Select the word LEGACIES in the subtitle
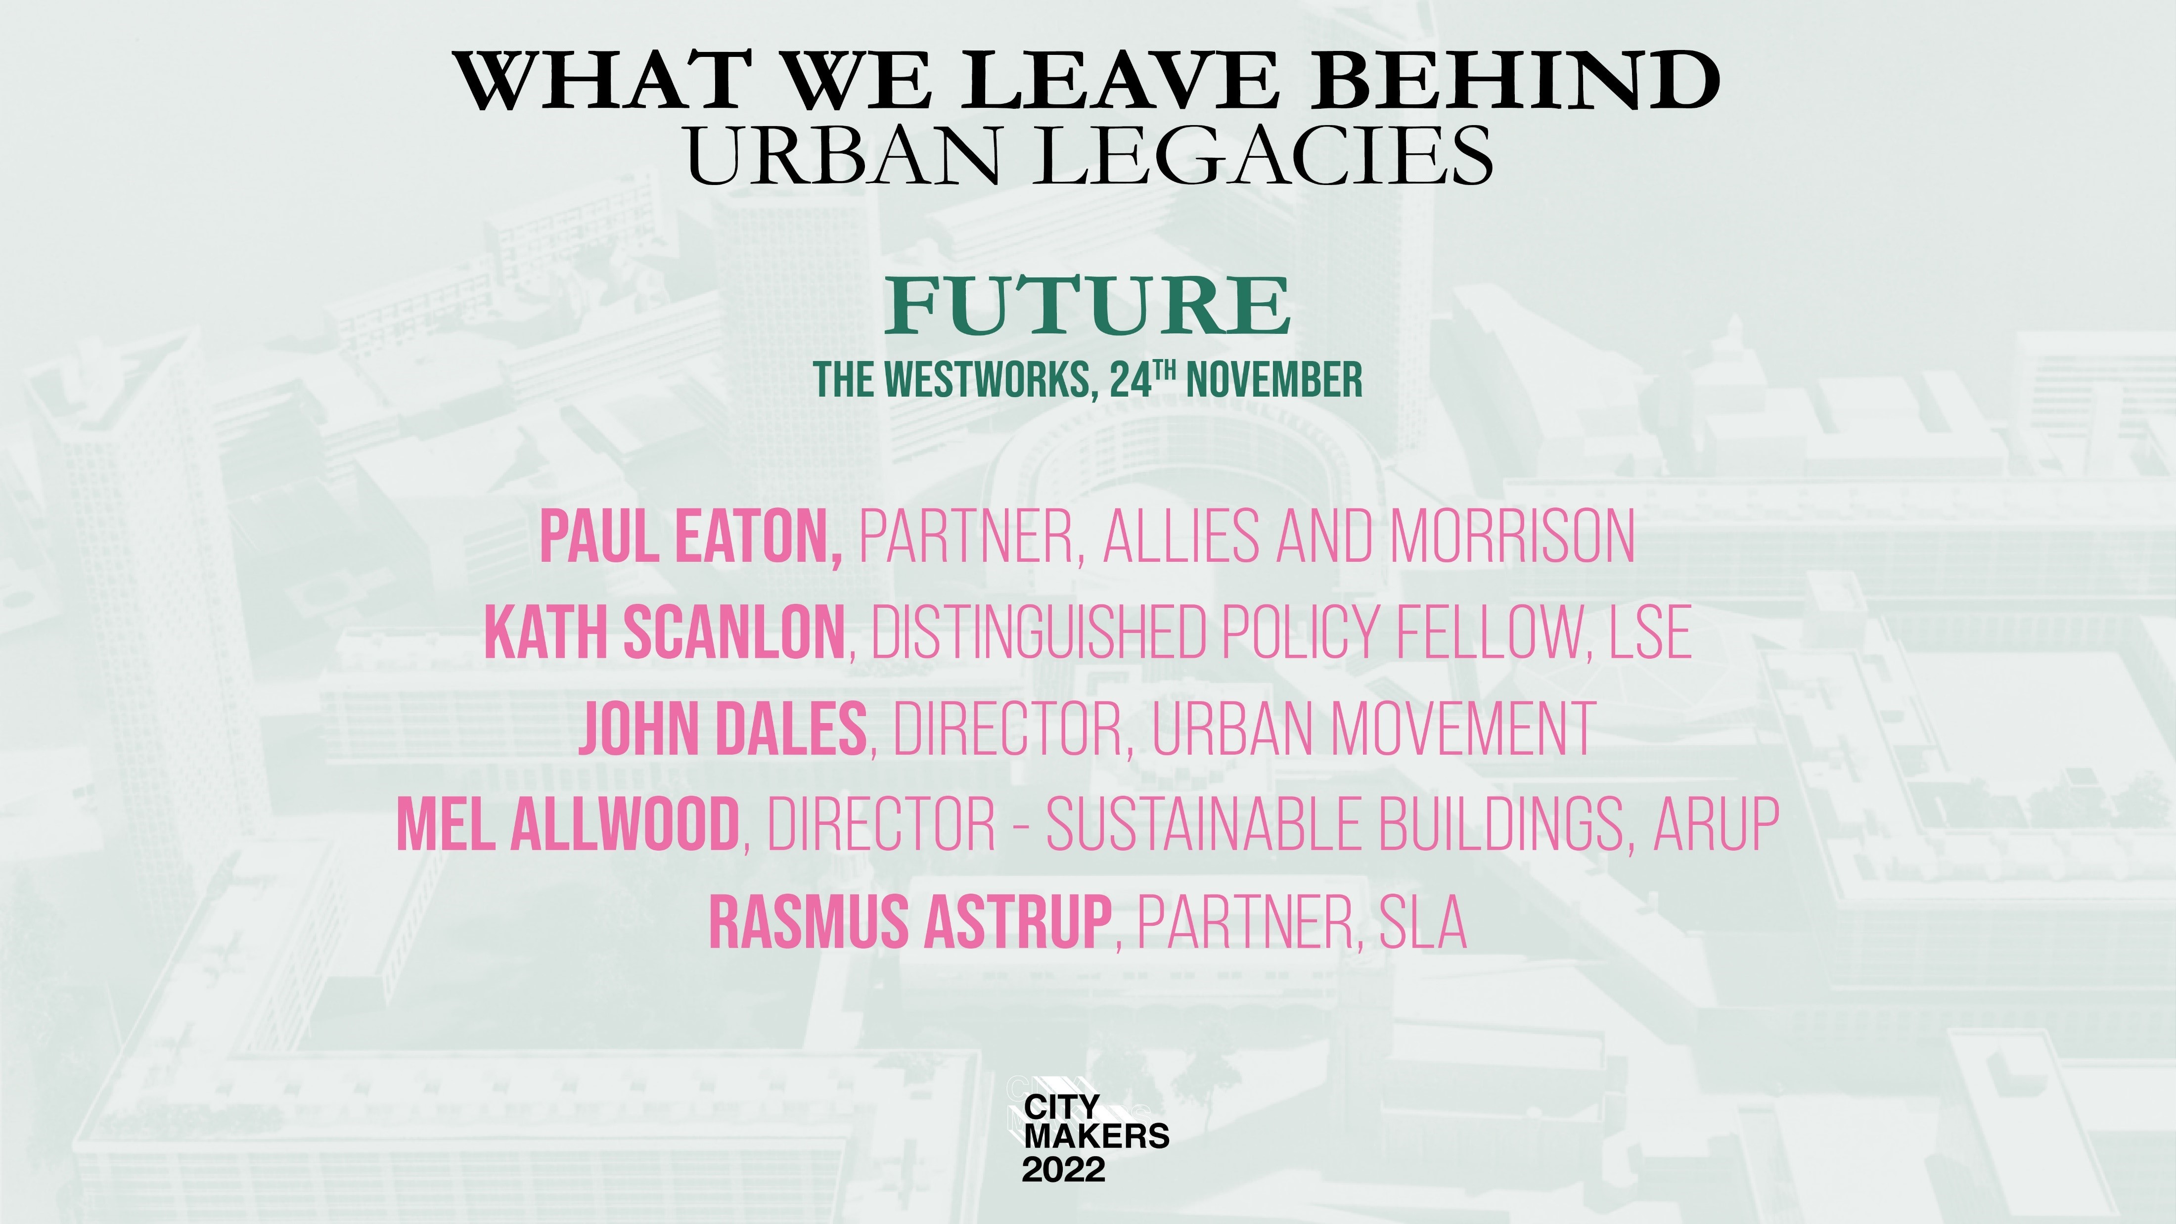tap(1266, 155)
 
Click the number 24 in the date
tap(1130, 380)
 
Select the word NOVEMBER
tap(1274, 380)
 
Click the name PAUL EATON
tap(690, 537)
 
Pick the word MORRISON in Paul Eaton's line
tap(1512, 537)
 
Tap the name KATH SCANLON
tap(665, 632)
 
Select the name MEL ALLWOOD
tap(568, 823)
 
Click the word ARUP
tap(1717, 823)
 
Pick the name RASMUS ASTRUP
tap(910, 921)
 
